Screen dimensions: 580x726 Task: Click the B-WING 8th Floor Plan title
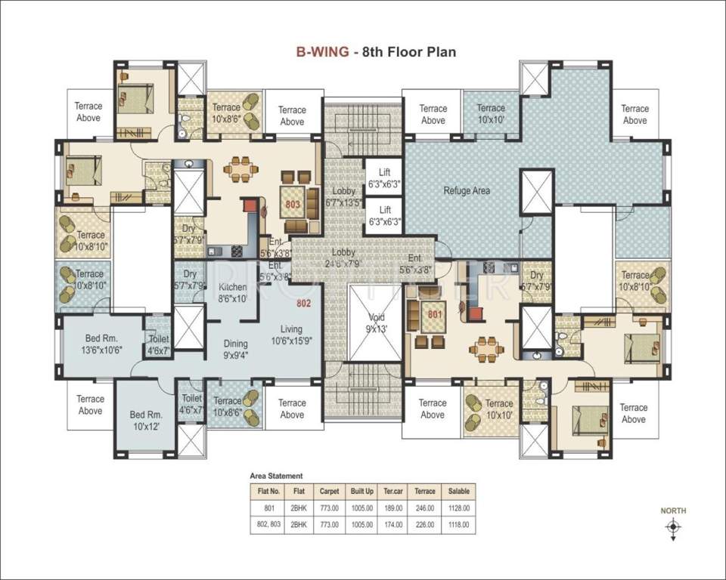[375, 52]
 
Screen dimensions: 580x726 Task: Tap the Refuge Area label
[466, 191]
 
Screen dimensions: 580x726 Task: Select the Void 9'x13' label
[377, 322]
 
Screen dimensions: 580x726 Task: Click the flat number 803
[293, 203]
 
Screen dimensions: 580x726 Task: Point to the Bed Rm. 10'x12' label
[147, 421]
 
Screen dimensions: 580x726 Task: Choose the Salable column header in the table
[459, 489]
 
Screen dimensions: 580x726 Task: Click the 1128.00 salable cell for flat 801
[459, 508]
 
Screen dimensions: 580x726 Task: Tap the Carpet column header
[329, 489]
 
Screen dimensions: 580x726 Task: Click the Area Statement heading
[276, 476]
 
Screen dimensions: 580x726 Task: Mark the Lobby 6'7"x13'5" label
[343, 196]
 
